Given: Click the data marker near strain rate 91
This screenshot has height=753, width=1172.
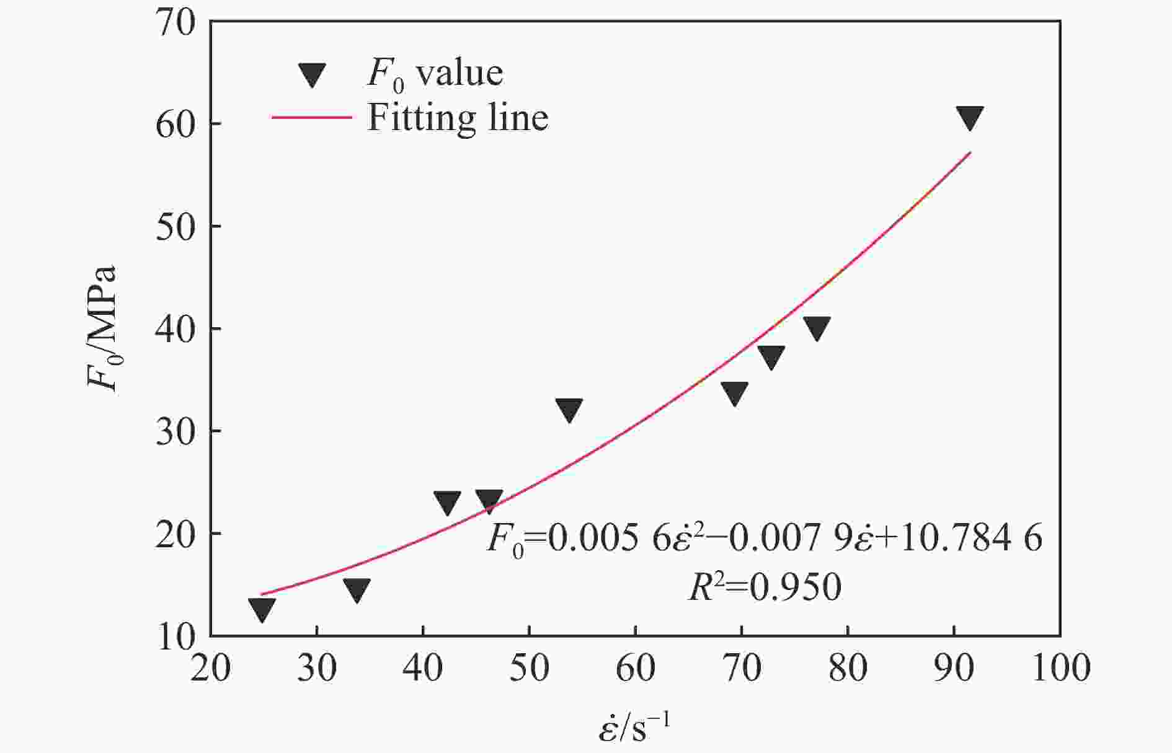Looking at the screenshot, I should tap(970, 117).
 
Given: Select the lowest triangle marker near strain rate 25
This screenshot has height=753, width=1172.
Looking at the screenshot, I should tap(262, 609).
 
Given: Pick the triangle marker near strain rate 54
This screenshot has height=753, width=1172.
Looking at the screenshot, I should tap(569, 409).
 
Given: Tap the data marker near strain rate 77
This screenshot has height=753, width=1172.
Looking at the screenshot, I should tap(816, 327).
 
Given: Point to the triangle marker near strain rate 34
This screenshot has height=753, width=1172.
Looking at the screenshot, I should tap(357, 589).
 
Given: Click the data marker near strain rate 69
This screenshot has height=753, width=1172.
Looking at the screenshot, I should tap(734, 392).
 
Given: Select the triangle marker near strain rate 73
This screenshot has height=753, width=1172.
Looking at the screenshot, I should tap(771, 356).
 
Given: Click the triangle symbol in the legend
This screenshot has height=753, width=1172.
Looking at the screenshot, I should tap(312, 74).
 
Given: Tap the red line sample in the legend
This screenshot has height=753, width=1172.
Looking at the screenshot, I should tap(312, 117).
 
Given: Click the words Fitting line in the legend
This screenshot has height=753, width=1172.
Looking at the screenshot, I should tap(458, 117).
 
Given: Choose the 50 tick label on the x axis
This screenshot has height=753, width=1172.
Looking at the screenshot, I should tap(529, 669).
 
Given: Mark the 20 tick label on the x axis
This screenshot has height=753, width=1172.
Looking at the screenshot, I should tap(211, 669).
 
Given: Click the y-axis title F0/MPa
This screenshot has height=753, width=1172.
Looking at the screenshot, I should tap(102, 328).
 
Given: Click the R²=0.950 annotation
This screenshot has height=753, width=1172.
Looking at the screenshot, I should tap(765, 586).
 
